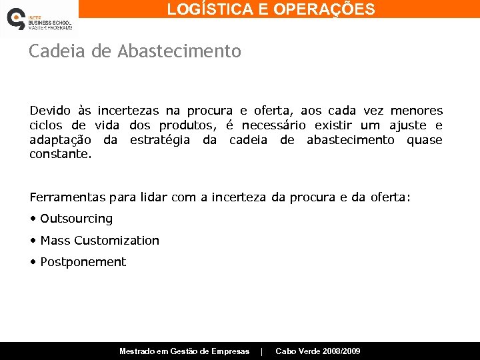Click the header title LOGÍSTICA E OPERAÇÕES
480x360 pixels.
(x=271, y=9)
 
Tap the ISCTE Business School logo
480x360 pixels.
(x=38, y=19)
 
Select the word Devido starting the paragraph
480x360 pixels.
(x=49, y=111)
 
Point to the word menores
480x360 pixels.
(x=416, y=111)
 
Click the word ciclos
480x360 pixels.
(x=45, y=125)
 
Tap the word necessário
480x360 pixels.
(x=273, y=125)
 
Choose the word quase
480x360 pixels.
(x=425, y=140)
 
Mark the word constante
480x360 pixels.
(x=61, y=154)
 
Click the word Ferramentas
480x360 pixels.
(x=67, y=197)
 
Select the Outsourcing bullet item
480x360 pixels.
(x=76, y=219)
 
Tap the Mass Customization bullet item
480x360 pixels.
(x=99, y=241)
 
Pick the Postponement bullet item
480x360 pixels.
(x=83, y=262)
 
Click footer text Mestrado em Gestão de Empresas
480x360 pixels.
(x=184, y=351)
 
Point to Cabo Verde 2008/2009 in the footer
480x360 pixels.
(x=318, y=351)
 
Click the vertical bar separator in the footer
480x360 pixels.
(x=262, y=351)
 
